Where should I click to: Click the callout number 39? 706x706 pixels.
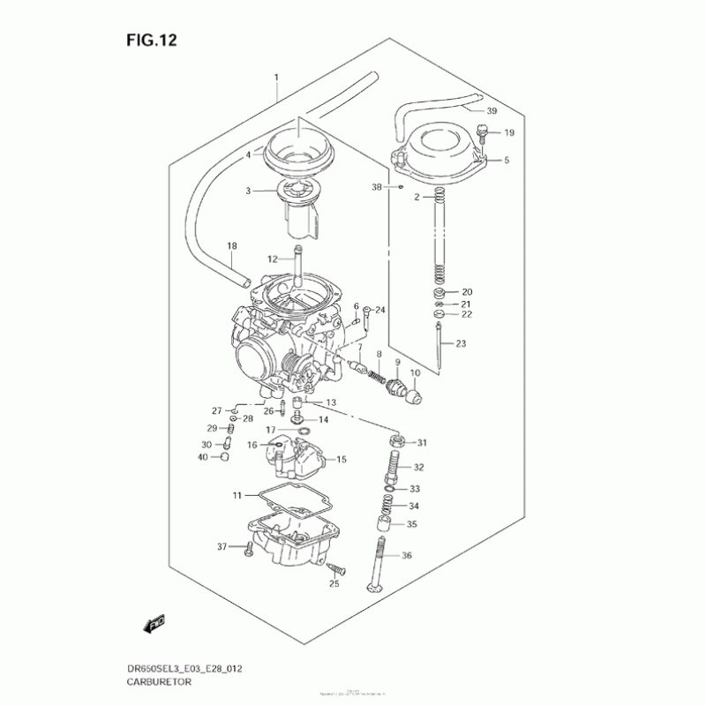pos(492,111)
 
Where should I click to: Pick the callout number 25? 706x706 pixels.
pos(334,583)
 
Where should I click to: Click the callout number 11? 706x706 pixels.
pos(237,495)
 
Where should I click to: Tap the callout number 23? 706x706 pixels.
pos(460,344)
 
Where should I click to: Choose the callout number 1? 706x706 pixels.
pos(276,78)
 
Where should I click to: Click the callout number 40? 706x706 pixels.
pos(203,457)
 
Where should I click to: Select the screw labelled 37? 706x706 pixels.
pos(248,550)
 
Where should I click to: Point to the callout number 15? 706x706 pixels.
pos(342,460)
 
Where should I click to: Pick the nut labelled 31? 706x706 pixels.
pos(396,440)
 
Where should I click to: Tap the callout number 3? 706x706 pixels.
pos(249,191)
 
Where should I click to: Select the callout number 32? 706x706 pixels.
pos(418,468)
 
